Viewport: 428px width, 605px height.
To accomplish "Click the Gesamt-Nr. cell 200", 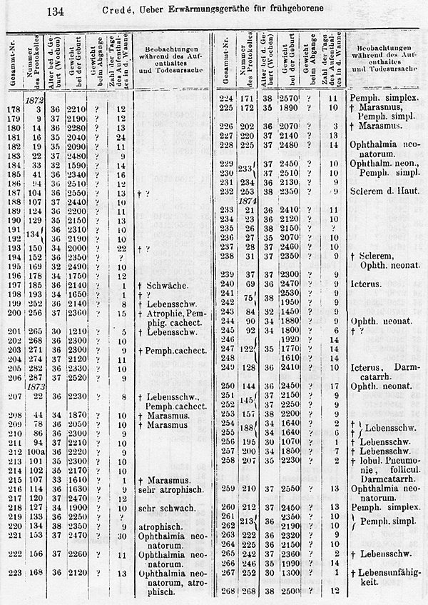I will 12,312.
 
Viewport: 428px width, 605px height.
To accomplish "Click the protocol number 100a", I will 35,452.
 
